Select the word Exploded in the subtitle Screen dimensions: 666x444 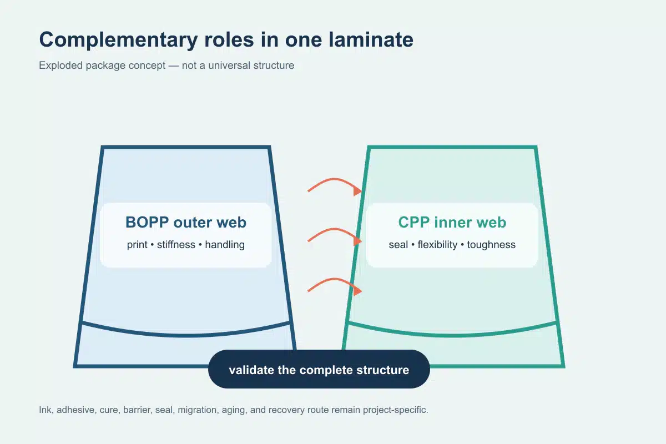click(60, 65)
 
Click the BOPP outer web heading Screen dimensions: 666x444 click(186, 222)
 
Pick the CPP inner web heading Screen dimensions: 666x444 click(452, 222)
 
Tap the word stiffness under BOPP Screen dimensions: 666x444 click(176, 245)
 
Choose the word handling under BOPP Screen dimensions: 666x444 click(225, 245)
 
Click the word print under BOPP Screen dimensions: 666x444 click(137, 245)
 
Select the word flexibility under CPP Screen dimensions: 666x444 click(437, 245)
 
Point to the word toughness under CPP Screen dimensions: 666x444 click(491, 245)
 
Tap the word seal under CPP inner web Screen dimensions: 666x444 click(398, 245)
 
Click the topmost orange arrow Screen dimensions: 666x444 click(335, 180)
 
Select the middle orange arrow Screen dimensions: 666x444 click(335, 230)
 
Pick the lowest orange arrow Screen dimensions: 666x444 click(335, 280)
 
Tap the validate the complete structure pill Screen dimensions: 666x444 click(319, 369)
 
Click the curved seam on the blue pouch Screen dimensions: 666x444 click(186, 335)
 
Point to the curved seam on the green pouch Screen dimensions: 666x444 click(452, 335)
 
